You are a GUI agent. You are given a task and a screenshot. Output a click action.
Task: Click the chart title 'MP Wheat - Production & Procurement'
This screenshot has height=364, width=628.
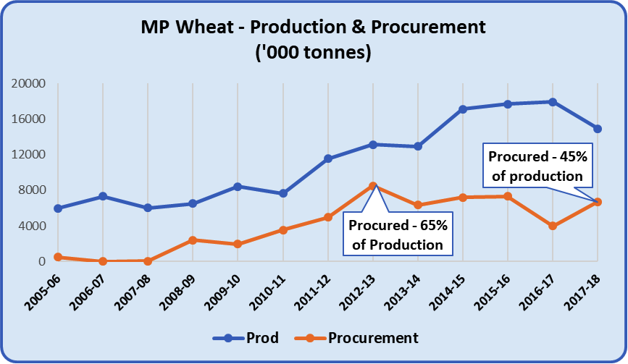click(314, 27)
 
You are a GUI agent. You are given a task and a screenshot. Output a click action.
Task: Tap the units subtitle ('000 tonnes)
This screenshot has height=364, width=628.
click(314, 54)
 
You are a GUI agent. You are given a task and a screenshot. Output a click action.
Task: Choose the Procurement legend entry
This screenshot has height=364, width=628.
click(362, 338)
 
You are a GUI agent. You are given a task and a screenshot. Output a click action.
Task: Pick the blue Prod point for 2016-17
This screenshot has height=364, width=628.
click(553, 102)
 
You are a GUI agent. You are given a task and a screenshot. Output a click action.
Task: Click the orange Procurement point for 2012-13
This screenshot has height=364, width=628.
click(373, 186)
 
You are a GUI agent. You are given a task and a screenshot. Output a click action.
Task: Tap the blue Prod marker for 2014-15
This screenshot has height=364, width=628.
click(463, 109)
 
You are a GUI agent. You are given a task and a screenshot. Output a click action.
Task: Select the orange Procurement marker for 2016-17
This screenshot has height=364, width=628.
click(553, 226)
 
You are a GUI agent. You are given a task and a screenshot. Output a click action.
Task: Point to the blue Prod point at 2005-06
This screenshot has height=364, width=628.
click(58, 208)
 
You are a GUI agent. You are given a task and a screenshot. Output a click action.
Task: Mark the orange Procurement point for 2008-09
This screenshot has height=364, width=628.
click(193, 240)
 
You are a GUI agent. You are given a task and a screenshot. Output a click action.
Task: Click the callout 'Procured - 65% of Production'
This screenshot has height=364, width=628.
click(398, 234)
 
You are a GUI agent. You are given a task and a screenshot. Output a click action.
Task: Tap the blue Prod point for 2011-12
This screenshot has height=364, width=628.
click(328, 158)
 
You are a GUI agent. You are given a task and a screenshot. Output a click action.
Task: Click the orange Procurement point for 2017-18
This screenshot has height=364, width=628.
click(598, 202)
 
